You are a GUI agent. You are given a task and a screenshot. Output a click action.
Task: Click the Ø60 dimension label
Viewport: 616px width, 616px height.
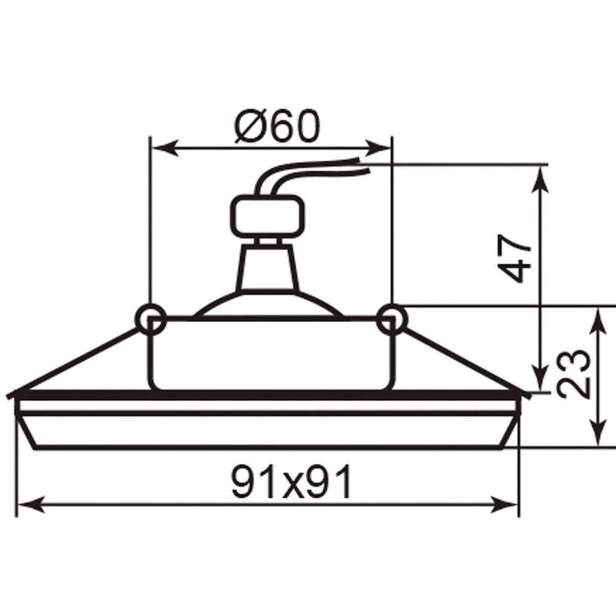tap(278, 125)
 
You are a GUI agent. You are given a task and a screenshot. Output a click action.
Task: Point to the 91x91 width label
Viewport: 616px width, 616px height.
tap(291, 482)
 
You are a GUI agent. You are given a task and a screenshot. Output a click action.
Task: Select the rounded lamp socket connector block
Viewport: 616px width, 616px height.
tap(268, 217)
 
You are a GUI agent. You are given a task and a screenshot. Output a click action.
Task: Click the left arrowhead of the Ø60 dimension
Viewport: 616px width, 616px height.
tap(165, 148)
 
